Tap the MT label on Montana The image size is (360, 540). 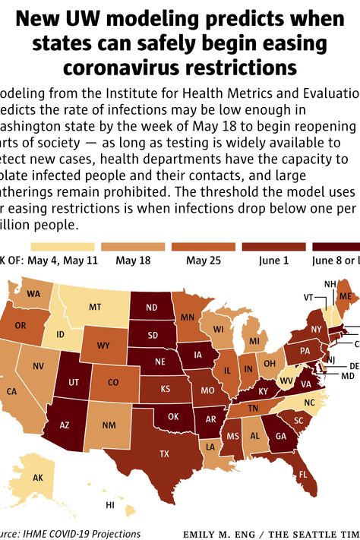(x=95, y=308)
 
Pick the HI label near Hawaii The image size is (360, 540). (x=110, y=505)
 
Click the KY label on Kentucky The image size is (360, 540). (x=263, y=391)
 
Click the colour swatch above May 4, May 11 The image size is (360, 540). (x=62, y=246)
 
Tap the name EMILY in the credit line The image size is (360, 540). (x=202, y=534)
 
